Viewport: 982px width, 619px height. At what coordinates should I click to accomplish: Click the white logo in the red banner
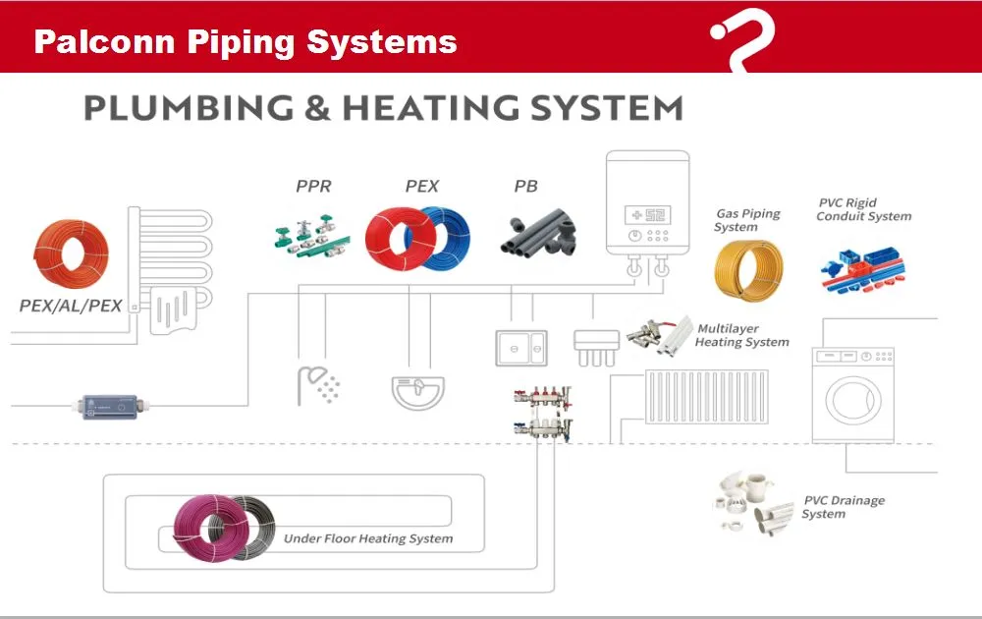coord(742,39)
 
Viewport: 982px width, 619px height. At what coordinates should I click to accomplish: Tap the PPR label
coord(313,186)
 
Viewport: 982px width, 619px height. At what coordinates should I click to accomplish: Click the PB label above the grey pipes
coord(526,186)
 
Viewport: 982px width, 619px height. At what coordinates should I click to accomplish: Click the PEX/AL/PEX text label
coord(71,306)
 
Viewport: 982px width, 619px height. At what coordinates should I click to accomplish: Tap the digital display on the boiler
coord(648,214)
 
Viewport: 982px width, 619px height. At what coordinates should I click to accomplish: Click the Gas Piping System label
coord(747,220)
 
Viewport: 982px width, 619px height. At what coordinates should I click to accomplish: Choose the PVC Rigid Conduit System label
coord(864,209)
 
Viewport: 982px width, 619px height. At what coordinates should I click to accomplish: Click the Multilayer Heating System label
coord(741,335)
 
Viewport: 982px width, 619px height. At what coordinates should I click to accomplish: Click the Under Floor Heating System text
coord(368,538)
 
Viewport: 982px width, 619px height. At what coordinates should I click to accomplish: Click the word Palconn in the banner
coord(90,42)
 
